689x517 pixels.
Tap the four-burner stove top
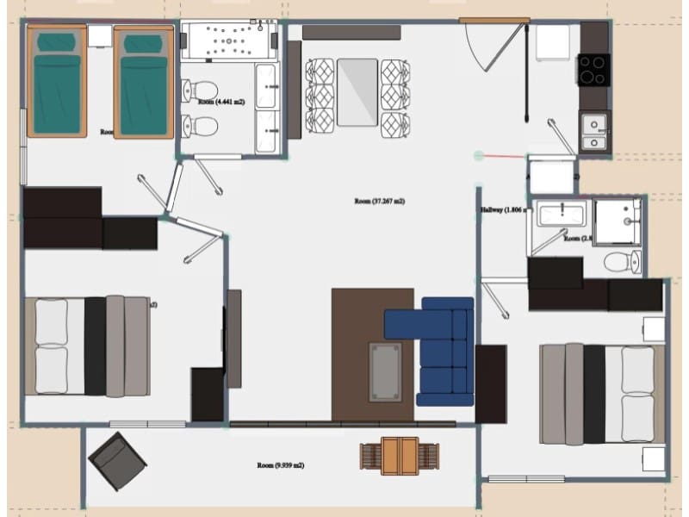tap(593, 69)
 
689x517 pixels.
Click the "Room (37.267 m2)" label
tap(379, 202)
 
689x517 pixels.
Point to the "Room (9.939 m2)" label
tap(280, 465)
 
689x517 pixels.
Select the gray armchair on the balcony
tap(117, 460)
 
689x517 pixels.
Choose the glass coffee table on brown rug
tap(385, 371)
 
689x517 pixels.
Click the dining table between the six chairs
tap(357, 91)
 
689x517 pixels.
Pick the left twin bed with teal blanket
tap(57, 82)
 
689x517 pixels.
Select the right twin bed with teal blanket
tap(142, 82)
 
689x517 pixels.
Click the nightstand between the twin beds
tap(100, 37)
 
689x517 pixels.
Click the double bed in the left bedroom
tap(86, 346)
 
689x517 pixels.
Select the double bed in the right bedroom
tap(602, 393)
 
